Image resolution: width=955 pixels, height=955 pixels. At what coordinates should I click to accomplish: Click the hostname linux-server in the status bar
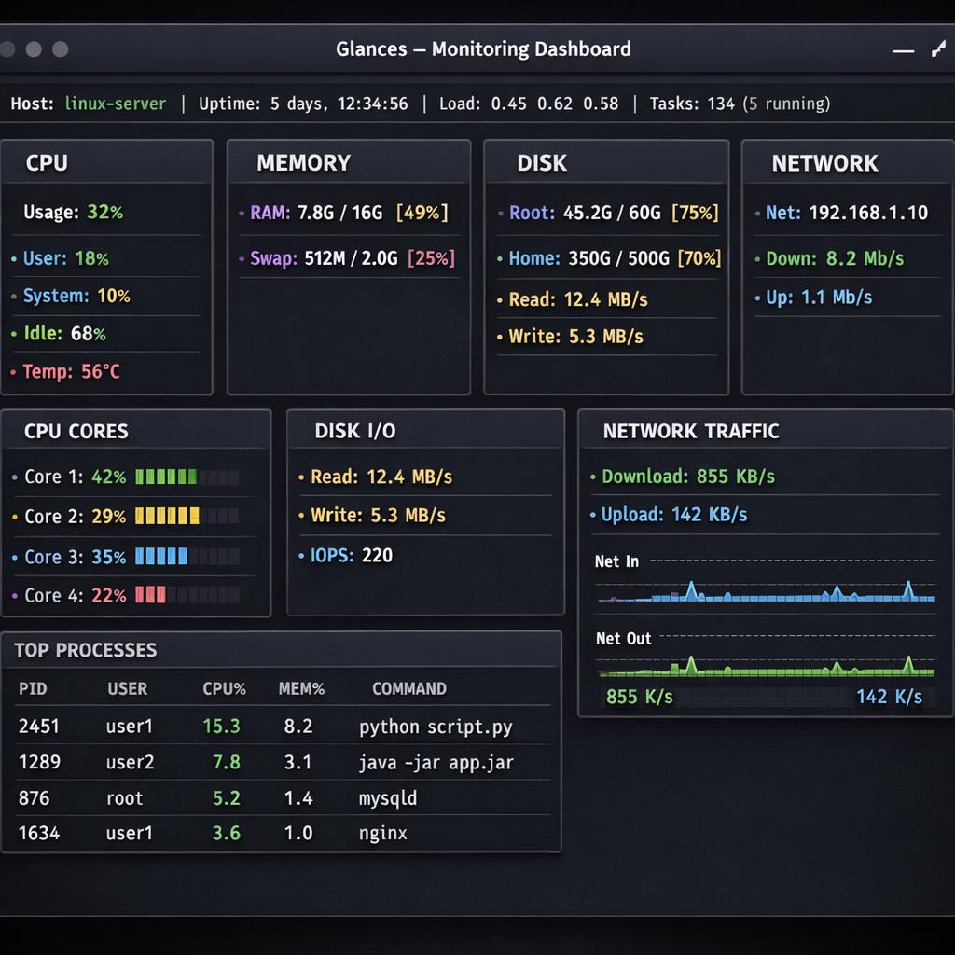pyautogui.click(x=116, y=104)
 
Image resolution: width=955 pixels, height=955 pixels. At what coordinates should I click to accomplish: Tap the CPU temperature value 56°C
pyautogui.click(x=100, y=371)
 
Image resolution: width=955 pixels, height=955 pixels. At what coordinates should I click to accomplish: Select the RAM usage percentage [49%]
pyautogui.click(x=422, y=213)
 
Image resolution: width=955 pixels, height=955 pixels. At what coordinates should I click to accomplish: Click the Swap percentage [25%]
pyautogui.click(x=431, y=258)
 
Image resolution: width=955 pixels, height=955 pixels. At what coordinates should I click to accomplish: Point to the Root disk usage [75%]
pyautogui.click(x=695, y=213)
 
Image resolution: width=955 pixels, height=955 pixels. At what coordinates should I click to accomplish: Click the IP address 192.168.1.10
pyautogui.click(x=867, y=213)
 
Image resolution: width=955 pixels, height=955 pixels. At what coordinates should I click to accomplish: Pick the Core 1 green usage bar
pyautogui.click(x=166, y=477)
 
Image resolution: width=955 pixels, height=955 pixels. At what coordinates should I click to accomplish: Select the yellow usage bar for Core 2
pyautogui.click(x=167, y=516)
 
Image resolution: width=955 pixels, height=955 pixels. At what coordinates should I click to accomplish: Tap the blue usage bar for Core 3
pyautogui.click(x=161, y=557)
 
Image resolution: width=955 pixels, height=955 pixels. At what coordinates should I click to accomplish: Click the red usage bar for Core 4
pyautogui.click(x=150, y=595)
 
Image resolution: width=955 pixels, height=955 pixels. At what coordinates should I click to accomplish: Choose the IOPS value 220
pyautogui.click(x=377, y=556)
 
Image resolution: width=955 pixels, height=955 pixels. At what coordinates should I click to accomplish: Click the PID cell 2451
pyautogui.click(x=39, y=727)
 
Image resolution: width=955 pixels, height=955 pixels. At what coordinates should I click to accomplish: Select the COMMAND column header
pyautogui.click(x=408, y=689)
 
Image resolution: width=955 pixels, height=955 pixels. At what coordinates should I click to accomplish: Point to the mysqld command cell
pyautogui.click(x=388, y=798)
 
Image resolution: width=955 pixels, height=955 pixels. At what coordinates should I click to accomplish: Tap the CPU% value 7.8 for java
pyautogui.click(x=226, y=762)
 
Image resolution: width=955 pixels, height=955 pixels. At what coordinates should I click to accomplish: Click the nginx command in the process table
pyautogui.click(x=382, y=833)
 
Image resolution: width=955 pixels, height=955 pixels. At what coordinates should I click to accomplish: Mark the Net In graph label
pyautogui.click(x=616, y=561)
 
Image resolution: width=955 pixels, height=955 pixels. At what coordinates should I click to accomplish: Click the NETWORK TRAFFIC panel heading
pyautogui.click(x=690, y=431)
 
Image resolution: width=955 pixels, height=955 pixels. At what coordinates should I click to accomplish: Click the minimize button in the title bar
pyautogui.click(x=902, y=50)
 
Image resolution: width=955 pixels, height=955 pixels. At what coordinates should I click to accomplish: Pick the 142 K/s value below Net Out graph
pyautogui.click(x=888, y=697)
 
